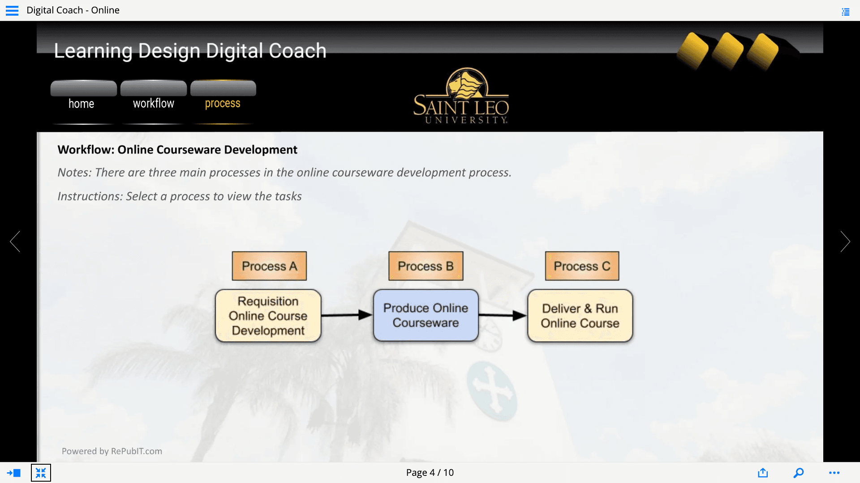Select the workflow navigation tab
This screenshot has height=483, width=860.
click(x=154, y=97)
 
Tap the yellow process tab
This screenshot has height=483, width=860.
click(x=223, y=97)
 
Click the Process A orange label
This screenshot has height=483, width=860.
click(x=269, y=266)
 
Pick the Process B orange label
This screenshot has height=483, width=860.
click(x=426, y=266)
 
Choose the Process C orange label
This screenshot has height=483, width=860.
click(x=582, y=266)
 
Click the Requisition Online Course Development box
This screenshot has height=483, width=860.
click(x=268, y=316)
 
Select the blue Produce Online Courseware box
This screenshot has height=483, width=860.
click(x=426, y=315)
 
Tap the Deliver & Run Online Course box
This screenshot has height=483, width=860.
click(x=580, y=316)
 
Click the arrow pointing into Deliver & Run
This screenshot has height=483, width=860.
click(x=503, y=315)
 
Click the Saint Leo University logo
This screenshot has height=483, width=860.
click(x=461, y=96)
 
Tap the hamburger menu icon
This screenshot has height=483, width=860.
click(x=12, y=10)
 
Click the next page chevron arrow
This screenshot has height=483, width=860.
click(x=845, y=241)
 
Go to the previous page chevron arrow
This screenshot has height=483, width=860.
click(x=15, y=241)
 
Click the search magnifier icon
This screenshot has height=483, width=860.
click(x=799, y=473)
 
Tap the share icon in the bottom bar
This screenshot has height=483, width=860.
click(x=763, y=473)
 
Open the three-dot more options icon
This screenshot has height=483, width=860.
click(x=834, y=473)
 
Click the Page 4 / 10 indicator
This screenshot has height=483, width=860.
click(x=430, y=473)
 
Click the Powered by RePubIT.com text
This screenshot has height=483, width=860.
click(x=112, y=451)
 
